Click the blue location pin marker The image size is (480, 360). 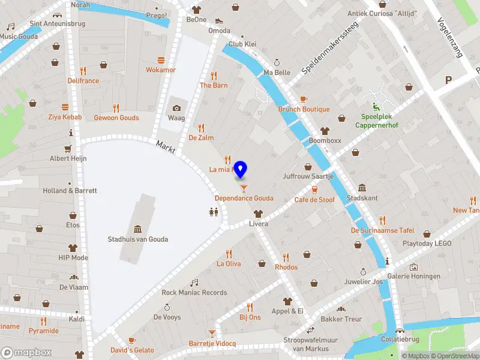pos(241,169)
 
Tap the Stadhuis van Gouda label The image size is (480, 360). pos(137,239)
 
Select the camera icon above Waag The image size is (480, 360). pos(176,108)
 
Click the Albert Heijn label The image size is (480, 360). pos(68,158)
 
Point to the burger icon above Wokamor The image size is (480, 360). pos(161,60)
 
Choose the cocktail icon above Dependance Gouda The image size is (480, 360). pos(243,188)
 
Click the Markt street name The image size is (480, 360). pos(165,146)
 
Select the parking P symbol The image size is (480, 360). pos(448,80)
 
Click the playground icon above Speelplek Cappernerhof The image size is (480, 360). pos(376,106)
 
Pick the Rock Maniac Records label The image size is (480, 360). pos(194,293)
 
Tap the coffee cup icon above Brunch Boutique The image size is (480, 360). pos(304,99)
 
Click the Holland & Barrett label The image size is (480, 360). pos(70,191)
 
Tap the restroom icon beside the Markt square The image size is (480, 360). pos(213,211)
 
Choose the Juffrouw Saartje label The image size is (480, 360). pos(308,177)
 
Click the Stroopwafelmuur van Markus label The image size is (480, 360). pos(310,344)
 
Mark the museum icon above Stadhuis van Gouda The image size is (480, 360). pos(137,229)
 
